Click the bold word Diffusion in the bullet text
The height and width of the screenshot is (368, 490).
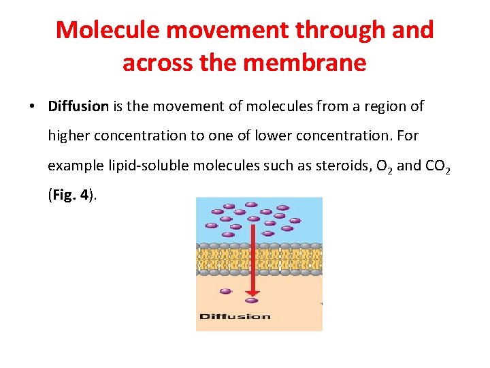coord(78,106)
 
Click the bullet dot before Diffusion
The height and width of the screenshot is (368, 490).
coord(32,107)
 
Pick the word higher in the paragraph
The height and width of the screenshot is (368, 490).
coord(68,136)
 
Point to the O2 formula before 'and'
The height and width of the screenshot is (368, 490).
coord(382,166)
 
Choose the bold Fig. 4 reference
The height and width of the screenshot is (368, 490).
coord(69,195)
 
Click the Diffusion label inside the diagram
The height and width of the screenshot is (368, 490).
coord(235,316)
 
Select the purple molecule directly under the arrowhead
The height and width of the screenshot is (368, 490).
coord(252,300)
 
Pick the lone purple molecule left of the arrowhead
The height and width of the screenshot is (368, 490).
coord(225,291)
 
